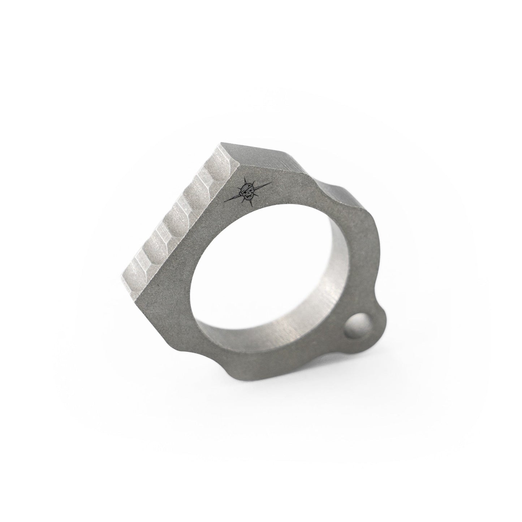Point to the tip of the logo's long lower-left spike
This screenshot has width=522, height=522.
[225, 202]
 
